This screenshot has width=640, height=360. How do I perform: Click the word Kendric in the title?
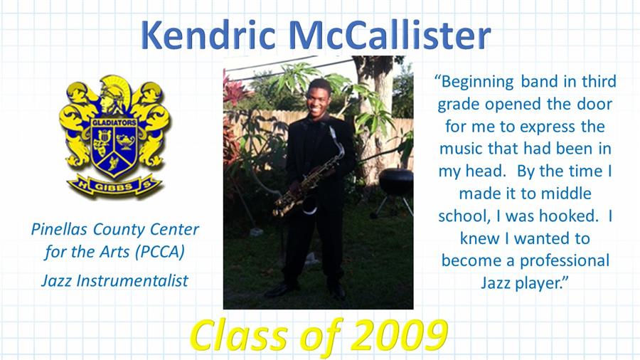click(208, 35)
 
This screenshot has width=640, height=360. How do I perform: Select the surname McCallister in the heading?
click(390, 35)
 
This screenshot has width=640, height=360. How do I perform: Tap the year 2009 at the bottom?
click(399, 336)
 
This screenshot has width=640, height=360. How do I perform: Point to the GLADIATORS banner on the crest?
click(114, 122)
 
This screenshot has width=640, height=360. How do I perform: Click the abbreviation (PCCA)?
click(160, 252)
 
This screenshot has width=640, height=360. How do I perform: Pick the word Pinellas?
click(59, 229)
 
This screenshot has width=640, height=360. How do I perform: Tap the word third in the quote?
click(599, 81)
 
